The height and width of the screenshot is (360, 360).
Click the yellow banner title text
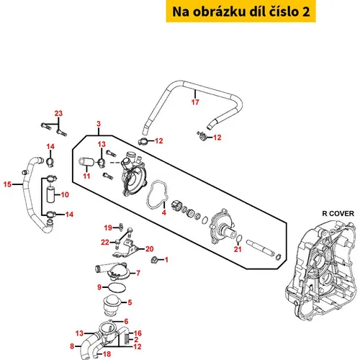241,12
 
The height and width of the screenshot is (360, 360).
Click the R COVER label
338,213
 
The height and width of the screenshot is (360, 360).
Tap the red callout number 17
195,102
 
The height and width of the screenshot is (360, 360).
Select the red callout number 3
99,124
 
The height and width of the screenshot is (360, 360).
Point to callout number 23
58,113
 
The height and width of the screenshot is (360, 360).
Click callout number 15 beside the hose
7,184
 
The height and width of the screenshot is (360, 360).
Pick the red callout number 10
65,194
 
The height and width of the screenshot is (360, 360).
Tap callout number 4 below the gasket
164,212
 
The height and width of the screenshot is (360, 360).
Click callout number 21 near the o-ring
238,249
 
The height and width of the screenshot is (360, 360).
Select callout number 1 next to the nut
166,260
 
